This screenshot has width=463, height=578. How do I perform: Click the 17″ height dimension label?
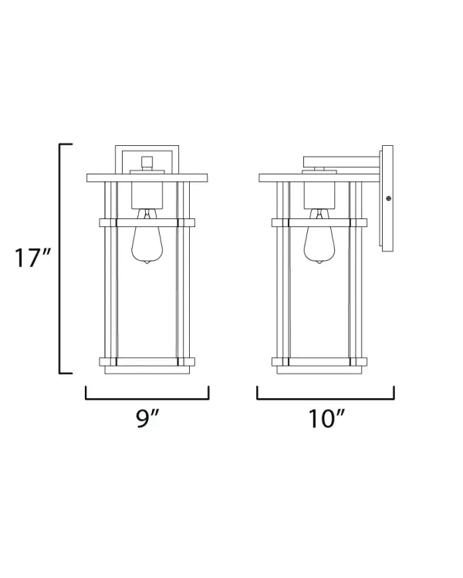[32, 258]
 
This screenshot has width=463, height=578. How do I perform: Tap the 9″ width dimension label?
[147, 419]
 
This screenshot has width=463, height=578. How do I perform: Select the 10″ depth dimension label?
[326, 419]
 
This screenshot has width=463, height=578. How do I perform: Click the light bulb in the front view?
[147, 237]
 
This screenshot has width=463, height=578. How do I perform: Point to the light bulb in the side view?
[319, 237]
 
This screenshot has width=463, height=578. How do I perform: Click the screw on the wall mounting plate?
[388, 198]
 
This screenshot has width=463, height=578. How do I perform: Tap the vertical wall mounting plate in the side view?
[387, 199]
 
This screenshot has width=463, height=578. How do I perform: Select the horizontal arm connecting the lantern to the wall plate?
[342, 162]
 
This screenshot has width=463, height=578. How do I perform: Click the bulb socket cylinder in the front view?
[147, 195]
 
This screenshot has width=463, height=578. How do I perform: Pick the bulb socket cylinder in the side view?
[319, 195]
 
